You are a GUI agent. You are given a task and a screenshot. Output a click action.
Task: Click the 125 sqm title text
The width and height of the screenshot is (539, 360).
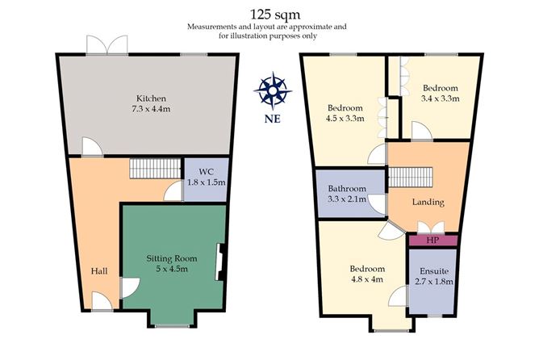(274, 15)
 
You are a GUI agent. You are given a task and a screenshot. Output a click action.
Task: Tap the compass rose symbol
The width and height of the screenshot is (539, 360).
(273, 90)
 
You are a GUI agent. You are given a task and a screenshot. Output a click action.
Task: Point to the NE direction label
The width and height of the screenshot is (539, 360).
(273, 119)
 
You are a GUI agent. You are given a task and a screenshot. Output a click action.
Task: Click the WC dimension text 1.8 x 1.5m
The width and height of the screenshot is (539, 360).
(207, 182)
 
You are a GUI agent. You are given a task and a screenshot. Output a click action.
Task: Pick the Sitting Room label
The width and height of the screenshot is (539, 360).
(172, 258)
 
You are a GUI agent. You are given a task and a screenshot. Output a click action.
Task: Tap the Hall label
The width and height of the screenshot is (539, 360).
(99, 271)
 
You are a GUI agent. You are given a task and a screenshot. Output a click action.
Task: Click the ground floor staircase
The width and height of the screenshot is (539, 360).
(156, 168)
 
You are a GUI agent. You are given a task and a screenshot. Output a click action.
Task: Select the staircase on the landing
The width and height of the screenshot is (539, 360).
(410, 177)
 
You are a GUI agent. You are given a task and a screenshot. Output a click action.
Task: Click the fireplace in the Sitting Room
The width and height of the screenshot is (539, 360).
(219, 262)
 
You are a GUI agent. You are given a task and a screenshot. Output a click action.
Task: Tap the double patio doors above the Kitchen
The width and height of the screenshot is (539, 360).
(107, 44)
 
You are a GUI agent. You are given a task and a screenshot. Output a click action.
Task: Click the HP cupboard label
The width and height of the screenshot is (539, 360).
(432, 240)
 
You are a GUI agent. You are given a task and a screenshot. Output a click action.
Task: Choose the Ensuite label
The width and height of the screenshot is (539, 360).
(434, 271)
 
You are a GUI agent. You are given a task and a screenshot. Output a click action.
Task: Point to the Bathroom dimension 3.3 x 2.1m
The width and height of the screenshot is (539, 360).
(347, 199)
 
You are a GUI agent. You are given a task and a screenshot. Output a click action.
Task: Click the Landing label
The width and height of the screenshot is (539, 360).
(428, 202)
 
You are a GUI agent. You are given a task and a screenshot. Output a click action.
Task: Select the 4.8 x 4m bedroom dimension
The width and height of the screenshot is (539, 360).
(367, 279)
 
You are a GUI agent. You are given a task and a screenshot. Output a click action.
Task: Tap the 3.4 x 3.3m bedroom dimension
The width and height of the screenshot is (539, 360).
(441, 98)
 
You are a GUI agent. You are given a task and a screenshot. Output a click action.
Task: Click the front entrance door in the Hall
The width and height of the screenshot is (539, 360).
(102, 302)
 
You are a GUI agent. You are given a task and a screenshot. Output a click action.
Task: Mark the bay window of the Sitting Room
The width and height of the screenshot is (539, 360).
(172, 325)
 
